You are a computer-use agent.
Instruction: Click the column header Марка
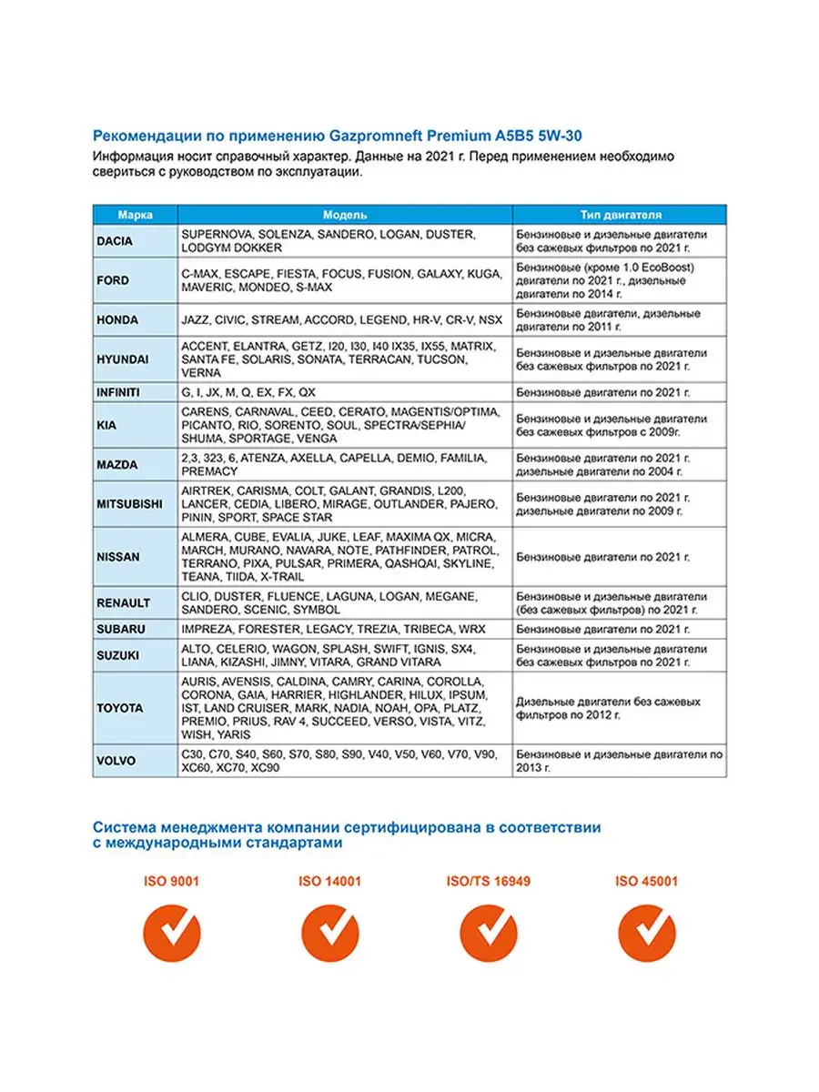(135, 216)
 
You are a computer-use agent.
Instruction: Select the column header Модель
(345, 216)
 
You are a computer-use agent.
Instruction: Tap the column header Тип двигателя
(621, 216)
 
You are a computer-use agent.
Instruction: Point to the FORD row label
(113, 281)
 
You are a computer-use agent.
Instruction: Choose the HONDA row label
(117, 320)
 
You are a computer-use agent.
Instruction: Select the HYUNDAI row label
(122, 360)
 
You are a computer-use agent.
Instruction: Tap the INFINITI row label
(119, 393)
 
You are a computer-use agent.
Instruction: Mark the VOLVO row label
(116, 762)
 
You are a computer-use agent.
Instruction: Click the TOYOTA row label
(119, 708)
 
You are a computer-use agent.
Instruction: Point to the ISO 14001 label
(329, 882)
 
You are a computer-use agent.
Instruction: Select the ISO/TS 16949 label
(488, 882)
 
